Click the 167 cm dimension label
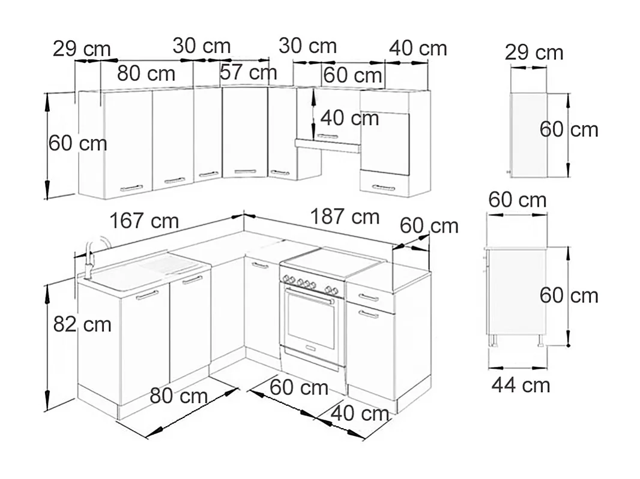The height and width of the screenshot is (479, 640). [144, 221]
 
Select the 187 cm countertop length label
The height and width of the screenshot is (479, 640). [345, 216]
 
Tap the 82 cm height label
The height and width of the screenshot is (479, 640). [82, 324]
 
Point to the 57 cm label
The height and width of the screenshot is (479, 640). [249, 73]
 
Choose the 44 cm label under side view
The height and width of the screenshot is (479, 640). [521, 385]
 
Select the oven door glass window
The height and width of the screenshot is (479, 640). [310, 320]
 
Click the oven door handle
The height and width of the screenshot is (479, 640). [310, 296]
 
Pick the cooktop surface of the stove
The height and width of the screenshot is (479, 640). [330, 263]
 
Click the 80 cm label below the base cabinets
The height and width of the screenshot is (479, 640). [178, 396]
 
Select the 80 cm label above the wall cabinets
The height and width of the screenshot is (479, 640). [146, 74]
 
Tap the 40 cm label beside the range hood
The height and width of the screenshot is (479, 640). [349, 118]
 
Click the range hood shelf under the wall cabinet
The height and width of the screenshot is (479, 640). [327, 145]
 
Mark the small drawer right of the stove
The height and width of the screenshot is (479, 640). [370, 297]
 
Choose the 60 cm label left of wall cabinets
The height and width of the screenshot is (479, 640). [77, 143]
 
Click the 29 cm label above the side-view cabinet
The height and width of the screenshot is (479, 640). [534, 53]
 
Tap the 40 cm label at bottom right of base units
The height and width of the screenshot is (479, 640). [360, 413]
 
